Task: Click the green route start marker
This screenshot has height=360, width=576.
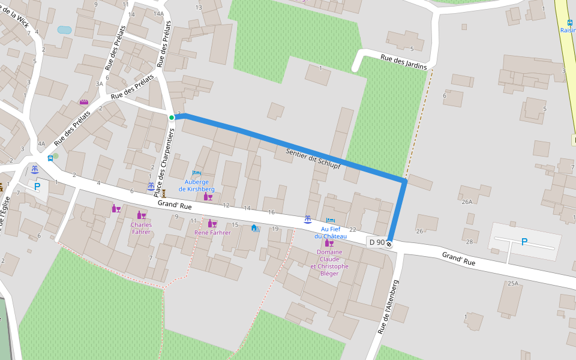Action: pos(172,118)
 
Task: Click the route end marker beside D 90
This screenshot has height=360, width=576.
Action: pos(389,243)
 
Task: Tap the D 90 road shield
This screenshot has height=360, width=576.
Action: pos(377,242)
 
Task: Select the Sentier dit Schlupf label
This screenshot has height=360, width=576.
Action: pos(313,158)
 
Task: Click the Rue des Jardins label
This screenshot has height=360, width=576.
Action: pos(403,62)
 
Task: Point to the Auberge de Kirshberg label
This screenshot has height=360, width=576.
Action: pos(196,185)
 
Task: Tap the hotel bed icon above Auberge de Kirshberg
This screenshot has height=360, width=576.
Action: pos(196,173)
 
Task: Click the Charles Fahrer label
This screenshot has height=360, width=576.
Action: pos(141,228)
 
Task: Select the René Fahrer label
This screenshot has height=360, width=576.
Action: pos(212,233)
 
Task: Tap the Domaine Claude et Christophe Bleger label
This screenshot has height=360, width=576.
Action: pos(329,263)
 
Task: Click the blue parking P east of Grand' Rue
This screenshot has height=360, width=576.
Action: pos(524,242)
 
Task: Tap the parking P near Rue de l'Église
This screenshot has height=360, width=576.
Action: pos(37,187)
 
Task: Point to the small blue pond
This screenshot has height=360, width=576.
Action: pos(64,29)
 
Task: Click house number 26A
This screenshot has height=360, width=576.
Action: pos(467,202)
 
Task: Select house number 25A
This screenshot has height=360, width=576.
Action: pos(512,283)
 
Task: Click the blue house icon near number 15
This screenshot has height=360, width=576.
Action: pos(254,227)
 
